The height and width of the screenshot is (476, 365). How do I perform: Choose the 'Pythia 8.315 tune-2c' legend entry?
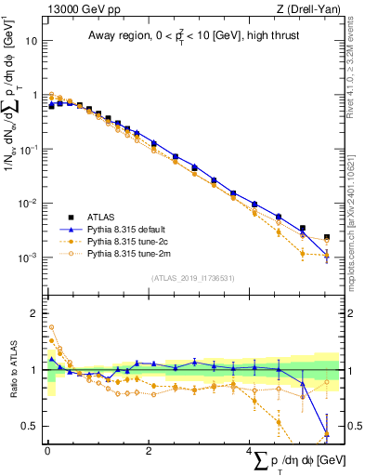tap(124, 241)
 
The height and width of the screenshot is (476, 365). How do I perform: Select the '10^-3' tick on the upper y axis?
tap(30, 257)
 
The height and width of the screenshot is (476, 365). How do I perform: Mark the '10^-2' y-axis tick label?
tap(30, 203)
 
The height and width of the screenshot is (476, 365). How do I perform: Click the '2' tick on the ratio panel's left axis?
tap(35, 313)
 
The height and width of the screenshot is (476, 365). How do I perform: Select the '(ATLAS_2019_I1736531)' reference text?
tap(191, 278)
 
